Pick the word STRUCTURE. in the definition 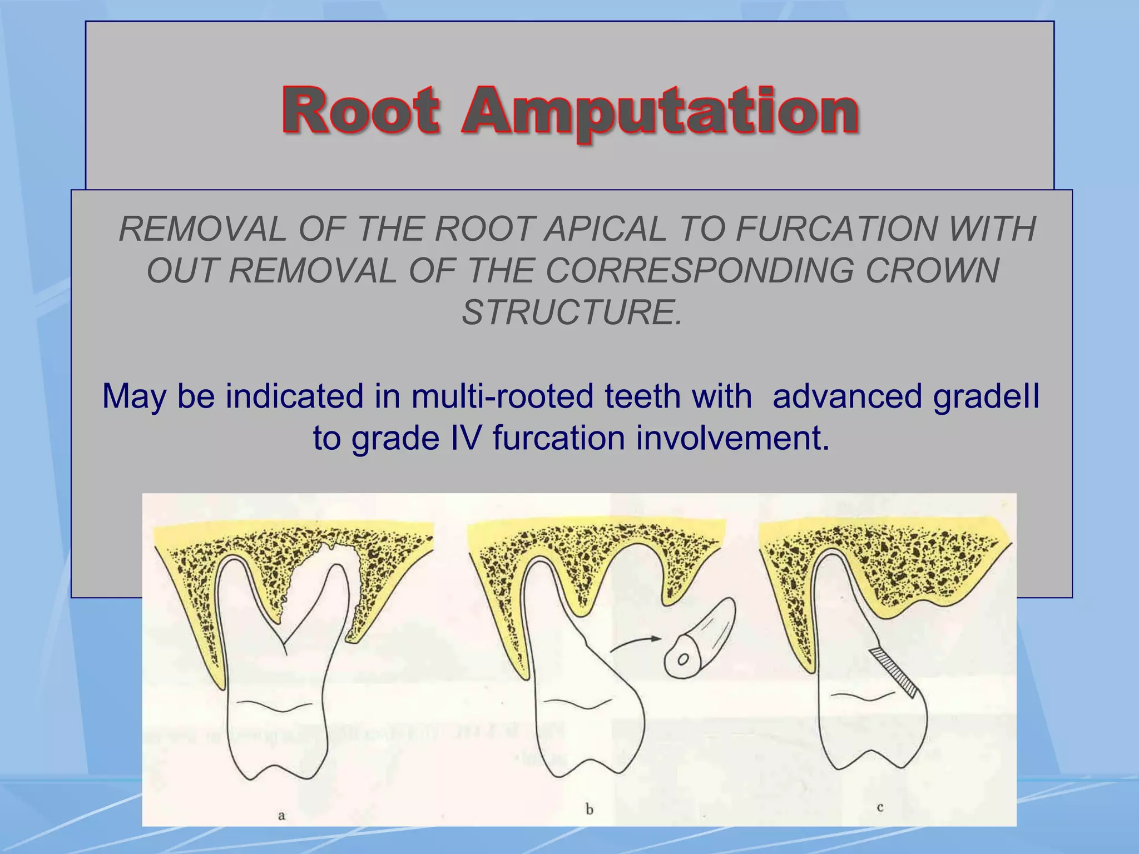pos(572,312)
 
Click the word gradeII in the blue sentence pos(986,396)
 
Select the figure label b pos(590,810)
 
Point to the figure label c pos(880,807)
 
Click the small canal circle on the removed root pos(683,659)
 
